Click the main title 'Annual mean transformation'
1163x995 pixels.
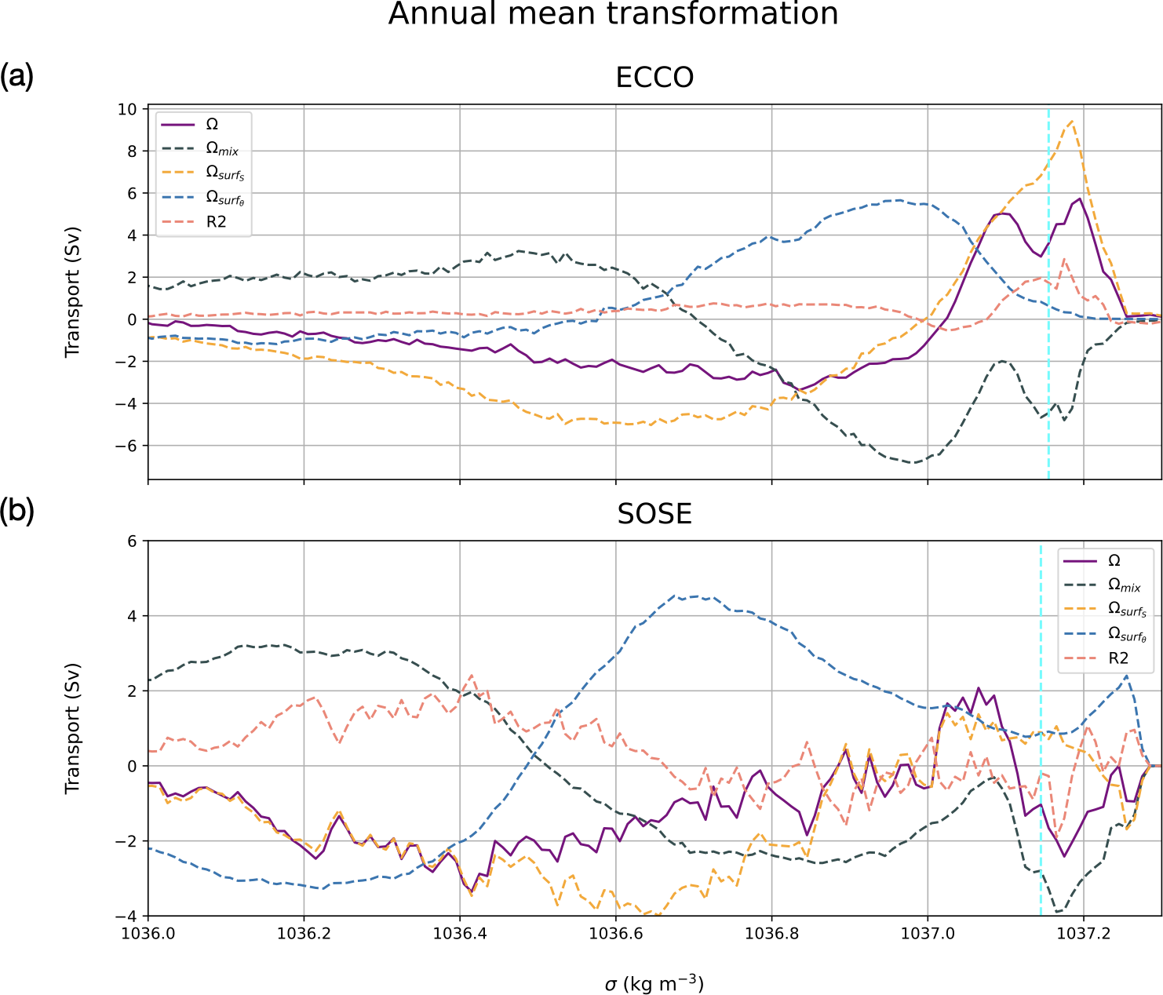613,14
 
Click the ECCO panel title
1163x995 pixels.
654,78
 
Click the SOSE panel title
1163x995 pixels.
654,514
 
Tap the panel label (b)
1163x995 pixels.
16,512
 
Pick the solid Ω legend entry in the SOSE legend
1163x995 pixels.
1114,560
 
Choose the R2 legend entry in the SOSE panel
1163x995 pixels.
1118,658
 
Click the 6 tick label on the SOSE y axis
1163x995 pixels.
132,541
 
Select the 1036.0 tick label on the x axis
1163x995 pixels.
148,934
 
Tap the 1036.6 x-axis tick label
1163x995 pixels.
616,934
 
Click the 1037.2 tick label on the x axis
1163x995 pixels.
1084,934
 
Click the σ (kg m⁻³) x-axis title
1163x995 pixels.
654,983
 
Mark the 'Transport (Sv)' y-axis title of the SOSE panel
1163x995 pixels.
73,728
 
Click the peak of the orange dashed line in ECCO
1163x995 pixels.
1071,121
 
